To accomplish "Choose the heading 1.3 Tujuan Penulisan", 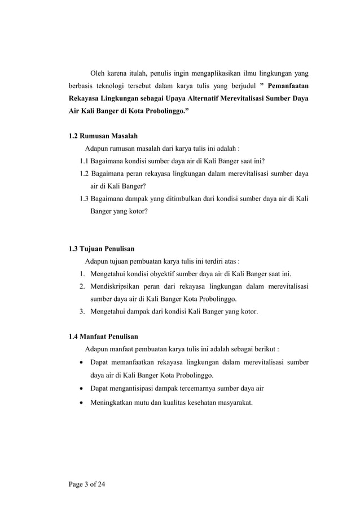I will tap(100, 249).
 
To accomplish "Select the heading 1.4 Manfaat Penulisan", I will tap(102, 337).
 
